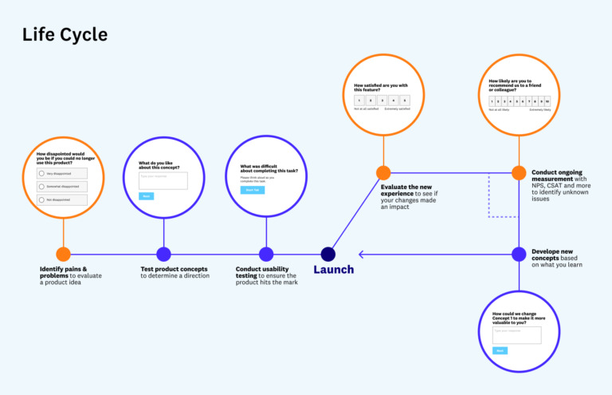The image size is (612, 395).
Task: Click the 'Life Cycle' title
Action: pyautogui.click(x=65, y=35)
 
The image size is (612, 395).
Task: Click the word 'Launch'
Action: pyautogui.click(x=333, y=270)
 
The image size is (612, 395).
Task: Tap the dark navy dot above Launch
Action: pyautogui.click(x=328, y=254)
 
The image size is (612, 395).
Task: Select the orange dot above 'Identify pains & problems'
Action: pyautogui.click(x=64, y=254)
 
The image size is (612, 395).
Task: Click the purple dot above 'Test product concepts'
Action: pyautogui.click(x=163, y=254)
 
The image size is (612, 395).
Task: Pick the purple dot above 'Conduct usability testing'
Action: pyautogui.click(x=266, y=254)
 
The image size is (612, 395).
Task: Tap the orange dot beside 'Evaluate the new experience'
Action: pyautogui.click(x=383, y=172)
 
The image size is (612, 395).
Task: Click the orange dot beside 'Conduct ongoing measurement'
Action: pyautogui.click(x=519, y=172)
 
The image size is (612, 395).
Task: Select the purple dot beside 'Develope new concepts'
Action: pyautogui.click(x=519, y=254)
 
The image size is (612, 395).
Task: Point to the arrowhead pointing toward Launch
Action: pyautogui.click(x=363, y=254)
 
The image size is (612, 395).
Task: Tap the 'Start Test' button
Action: pyautogui.click(x=253, y=190)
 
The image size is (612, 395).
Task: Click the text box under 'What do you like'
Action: pyautogui.click(x=163, y=180)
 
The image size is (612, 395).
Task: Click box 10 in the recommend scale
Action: pyautogui.click(x=547, y=101)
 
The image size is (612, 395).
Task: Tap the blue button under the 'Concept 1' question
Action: pyautogui.click(x=500, y=350)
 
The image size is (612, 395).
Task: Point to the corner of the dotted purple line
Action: pyautogui.click(x=488, y=215)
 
